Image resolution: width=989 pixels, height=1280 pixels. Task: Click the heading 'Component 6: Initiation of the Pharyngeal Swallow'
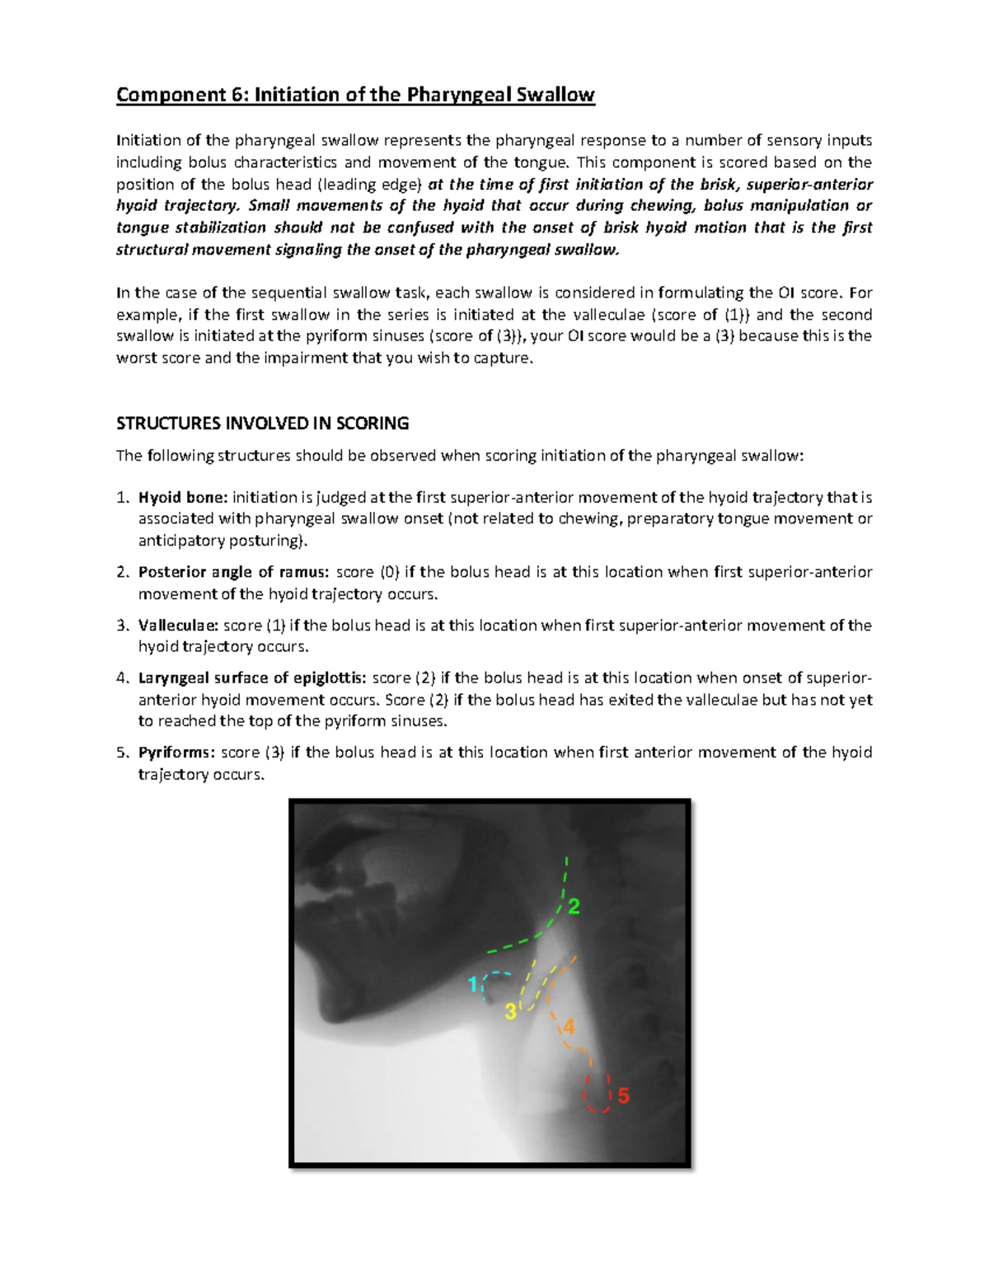(x=355, y=95)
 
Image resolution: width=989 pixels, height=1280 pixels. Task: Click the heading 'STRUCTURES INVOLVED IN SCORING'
(x=262, y=424)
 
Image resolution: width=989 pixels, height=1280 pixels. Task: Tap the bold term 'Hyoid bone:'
(x=182, y=498)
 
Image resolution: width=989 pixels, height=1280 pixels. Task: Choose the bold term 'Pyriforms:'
(x=176, y=753)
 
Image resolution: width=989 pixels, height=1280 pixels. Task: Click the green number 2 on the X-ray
(x=574, y=907)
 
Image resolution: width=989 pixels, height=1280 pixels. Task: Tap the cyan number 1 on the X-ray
(x=473, y=984)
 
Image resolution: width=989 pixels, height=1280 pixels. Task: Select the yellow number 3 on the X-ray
(x=510, y=1012)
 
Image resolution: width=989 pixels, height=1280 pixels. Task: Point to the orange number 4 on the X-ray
(x=568, y=1027)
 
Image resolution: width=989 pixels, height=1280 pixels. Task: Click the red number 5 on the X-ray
(x=623, y=1096)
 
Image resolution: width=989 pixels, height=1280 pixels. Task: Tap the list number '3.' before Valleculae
(x=122, y=626)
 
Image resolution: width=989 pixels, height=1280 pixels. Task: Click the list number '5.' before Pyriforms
(x=122, y=753)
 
